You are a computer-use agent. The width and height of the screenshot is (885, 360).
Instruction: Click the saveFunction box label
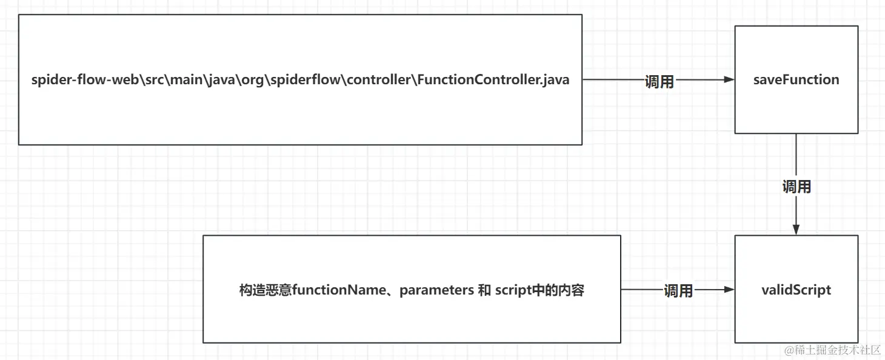(x=796, y=80)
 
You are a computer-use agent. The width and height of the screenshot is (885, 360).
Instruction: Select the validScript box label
(x=796, y=290)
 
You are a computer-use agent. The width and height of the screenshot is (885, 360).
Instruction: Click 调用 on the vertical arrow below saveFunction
(x=796, y=187)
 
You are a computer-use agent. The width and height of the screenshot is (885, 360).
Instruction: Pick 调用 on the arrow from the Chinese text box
(x=678, y=291)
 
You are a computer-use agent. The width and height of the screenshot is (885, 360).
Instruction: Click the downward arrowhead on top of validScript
(x=796, y=229)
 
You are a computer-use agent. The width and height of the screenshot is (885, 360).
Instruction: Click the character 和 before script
(x=484, y=290)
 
